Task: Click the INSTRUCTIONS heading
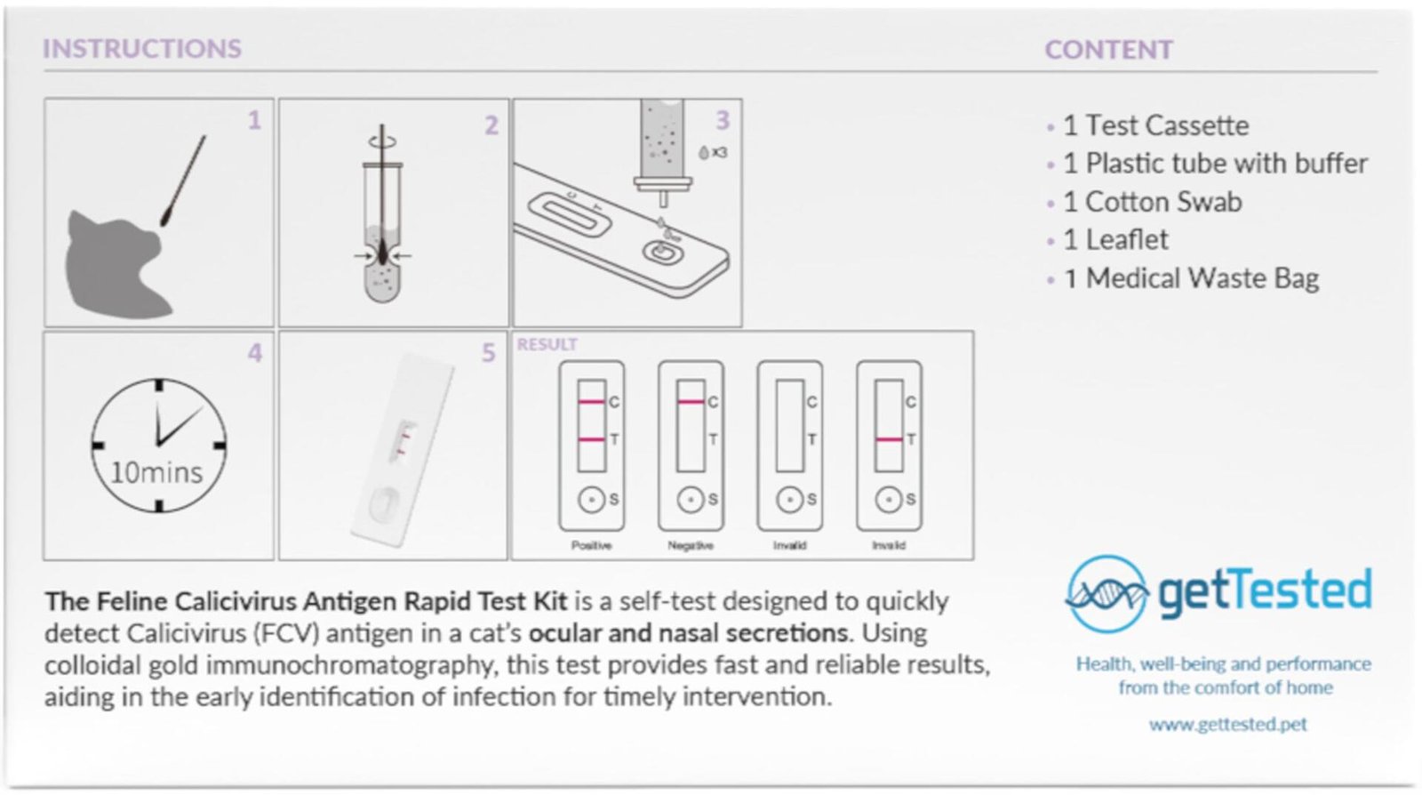[x=142, y=48]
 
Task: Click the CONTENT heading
[x=1108, y=50]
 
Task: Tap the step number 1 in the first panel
[x=254, y=120]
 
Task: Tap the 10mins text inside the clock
[x=156, y=472]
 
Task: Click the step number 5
[x=488, y=353]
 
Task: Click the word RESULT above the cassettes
[x=547, y=344]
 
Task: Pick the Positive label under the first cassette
[x=591, y=545]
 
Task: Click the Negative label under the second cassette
[x=691, y=545]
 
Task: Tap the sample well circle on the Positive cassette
[x=591, y=500]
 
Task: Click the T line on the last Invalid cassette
[x=889, y=439]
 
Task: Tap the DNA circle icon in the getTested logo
[x=1106, y=593]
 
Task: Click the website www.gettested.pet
[x=1227, y=724]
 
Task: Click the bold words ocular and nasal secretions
[x=688, y=633]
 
